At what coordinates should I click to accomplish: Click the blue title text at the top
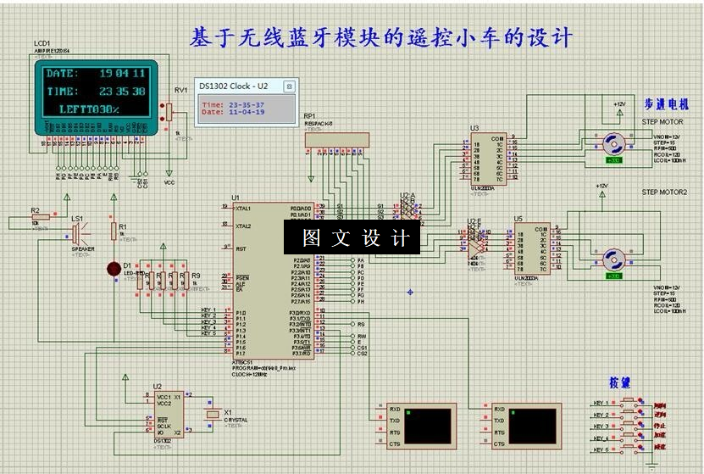[x=381, y=37]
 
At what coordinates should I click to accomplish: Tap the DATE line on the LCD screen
[x=96, y=74]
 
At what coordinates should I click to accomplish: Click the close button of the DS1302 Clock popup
[x=288, y=86]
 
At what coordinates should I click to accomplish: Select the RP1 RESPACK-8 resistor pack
[x=336, y=139]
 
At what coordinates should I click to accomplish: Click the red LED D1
[x=114, y=269]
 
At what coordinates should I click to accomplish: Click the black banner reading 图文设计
[x=351, y=238]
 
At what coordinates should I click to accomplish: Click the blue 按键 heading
[x=619, y=383]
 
